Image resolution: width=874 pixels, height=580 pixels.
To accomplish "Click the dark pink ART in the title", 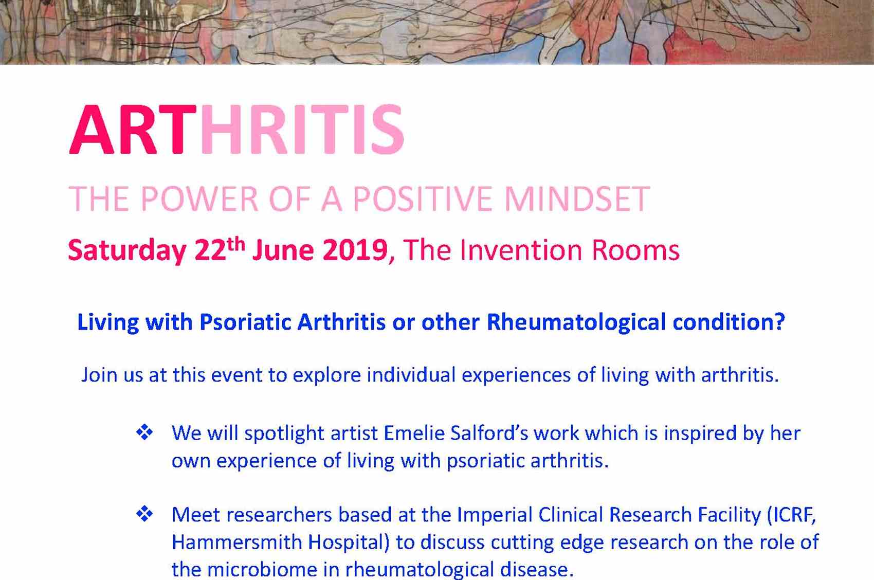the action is pyautogui.click(x=133, y=130).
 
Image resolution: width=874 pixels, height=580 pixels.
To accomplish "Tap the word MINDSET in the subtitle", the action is pyautogui.click(x=577, y=199).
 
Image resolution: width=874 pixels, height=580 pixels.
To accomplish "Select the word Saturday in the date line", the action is pyautogui.click(x=127, y=250).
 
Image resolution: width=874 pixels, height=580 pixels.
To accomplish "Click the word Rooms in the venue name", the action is pyautogui.click(x=635, y=250).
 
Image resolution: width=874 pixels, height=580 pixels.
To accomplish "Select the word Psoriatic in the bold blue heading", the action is pyautogui.click(x=245, y=322).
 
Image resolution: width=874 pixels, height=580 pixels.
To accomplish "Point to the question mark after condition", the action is pyautogui.click(x=780, y=321).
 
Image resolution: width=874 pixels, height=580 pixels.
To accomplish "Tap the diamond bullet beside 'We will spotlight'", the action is pyautogui.click(x=144, y=432).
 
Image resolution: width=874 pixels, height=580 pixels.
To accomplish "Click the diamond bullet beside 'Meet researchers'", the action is pyautogui.click(x=144, y=514).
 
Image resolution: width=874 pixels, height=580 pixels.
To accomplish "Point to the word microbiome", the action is pyautogui.click(x=262, y=569).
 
